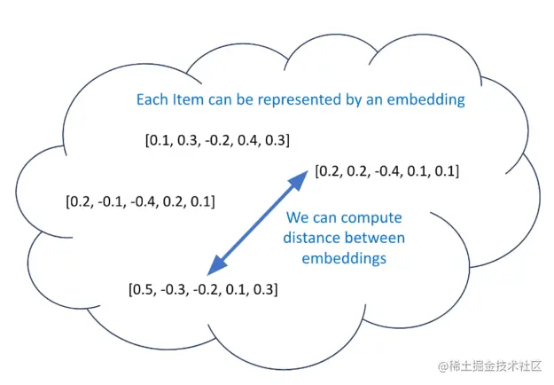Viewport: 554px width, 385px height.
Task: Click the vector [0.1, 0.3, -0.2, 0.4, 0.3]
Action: click(217, 140)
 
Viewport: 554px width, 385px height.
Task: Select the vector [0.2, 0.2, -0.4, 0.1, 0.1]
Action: click(386, 170)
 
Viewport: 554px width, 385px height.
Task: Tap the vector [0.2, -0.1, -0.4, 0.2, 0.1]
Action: click(140, 200)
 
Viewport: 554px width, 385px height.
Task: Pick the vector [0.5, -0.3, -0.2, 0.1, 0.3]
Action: click(204, 289)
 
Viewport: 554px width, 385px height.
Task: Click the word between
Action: click(376, 238)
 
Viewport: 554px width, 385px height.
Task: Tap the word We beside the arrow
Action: click(298, 218)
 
